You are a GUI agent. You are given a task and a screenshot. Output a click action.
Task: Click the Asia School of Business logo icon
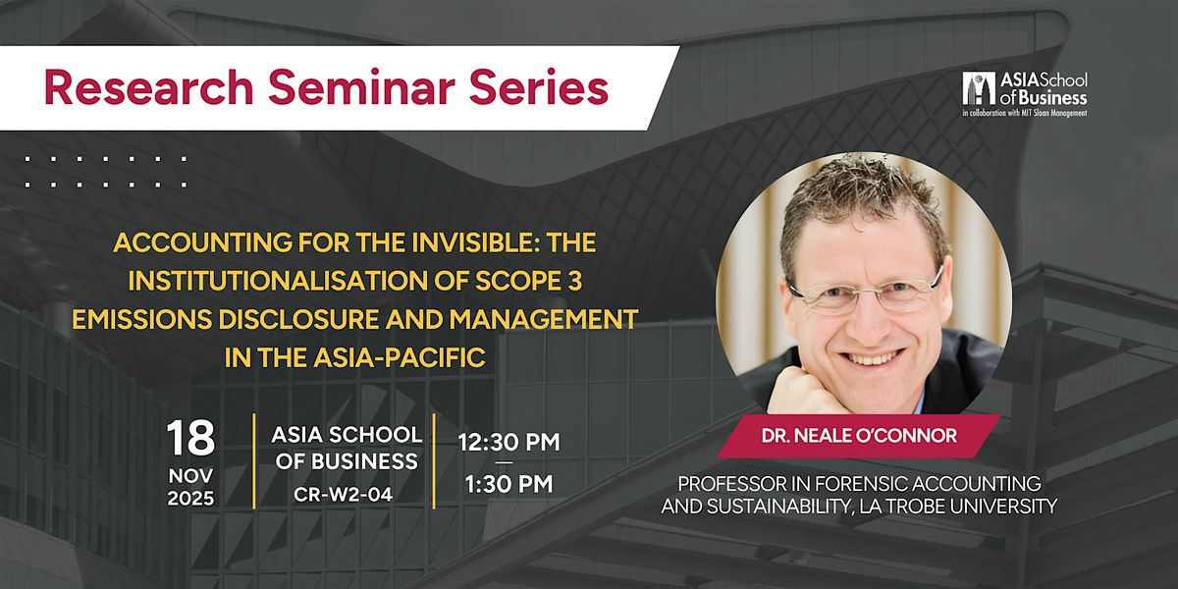(x=978, y=89)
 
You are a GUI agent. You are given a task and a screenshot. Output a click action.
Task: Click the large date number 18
(x=191, y=439)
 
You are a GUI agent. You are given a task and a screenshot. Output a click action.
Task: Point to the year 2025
(x=191, y=499)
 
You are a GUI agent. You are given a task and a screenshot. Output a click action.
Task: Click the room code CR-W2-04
(x=344, y=495)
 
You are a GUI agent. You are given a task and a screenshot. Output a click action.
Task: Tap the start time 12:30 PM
(x=509, y=443)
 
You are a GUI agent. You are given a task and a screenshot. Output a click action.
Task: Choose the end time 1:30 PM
(x=509, y=484)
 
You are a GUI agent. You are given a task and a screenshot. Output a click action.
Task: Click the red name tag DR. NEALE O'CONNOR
(x=859, y=436)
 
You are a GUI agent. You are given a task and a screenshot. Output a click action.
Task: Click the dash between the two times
(x=509, y=463)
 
